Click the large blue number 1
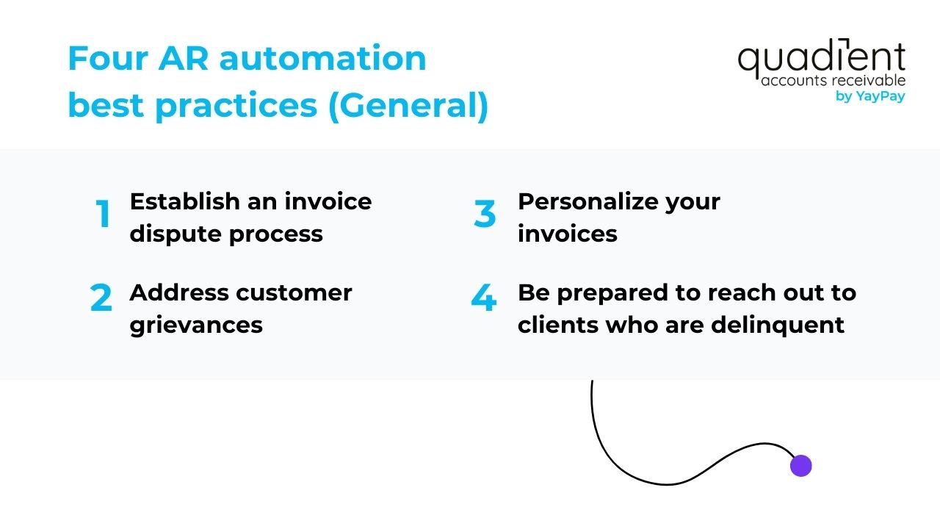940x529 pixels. coord(104,215)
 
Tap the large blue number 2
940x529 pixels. coord(101,299)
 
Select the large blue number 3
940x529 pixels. coord(485,215)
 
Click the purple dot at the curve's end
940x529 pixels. coord(800,465)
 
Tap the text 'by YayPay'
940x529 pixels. coord(870,96)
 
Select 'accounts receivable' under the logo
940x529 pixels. coord(833,80)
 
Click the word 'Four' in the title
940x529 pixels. coord(108,58)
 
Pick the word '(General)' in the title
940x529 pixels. coord(408,106)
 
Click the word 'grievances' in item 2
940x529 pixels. coord(196,325)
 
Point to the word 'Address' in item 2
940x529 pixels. coord(175,292)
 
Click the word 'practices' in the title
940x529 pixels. coord(236,106)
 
